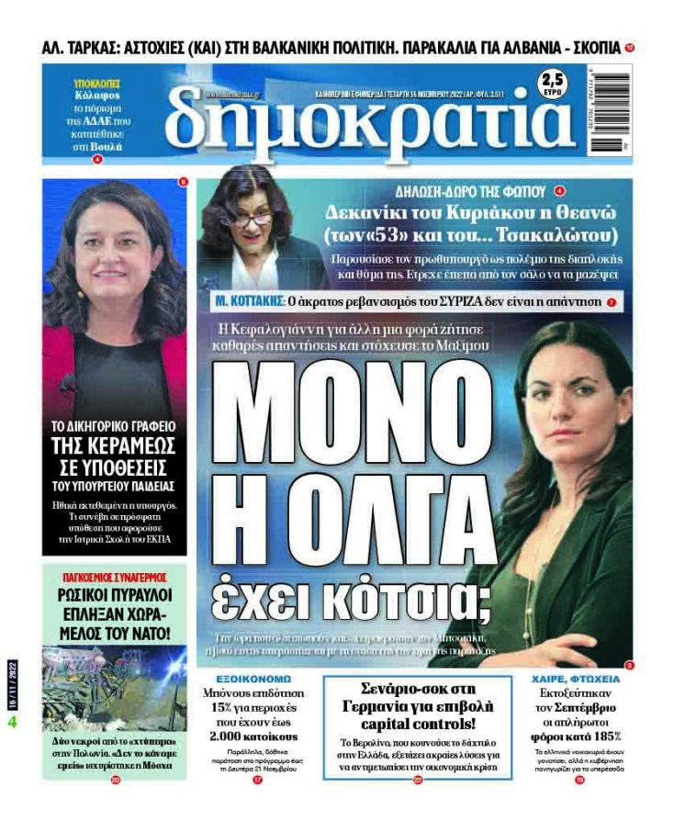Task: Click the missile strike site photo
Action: click(114, 688)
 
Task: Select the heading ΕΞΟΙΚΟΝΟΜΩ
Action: click(239, 680)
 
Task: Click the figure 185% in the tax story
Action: click(599, 735)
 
